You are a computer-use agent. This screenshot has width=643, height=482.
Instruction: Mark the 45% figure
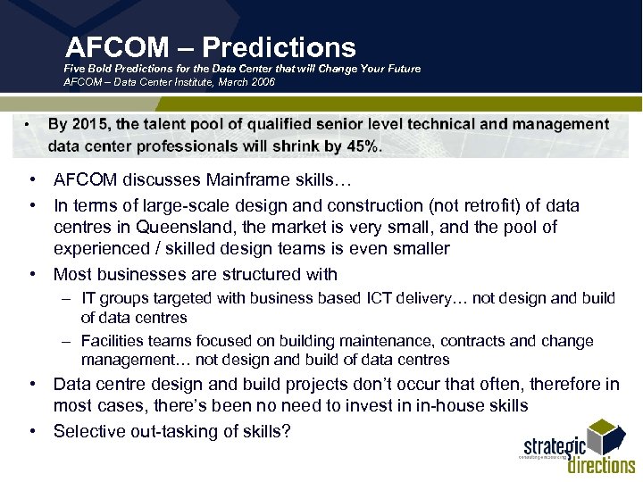coord(363,146)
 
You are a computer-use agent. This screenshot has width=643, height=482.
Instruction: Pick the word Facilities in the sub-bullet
coord(113,341)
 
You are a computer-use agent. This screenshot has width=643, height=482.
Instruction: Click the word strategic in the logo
coord(555,445)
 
